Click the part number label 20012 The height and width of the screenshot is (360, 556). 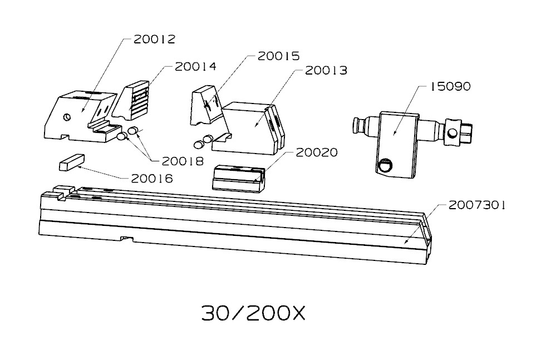tap(154, 39)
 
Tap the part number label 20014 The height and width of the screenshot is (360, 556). tap(195, 66)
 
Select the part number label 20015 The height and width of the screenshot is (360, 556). tap(278, 56)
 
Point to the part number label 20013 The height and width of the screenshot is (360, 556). tap(326, 70)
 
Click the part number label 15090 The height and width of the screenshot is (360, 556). tap(450, 86)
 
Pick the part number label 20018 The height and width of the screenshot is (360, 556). tap(183, 161)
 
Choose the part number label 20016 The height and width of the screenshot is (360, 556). tap(152, 178)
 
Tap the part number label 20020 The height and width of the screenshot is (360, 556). tap(317, 152)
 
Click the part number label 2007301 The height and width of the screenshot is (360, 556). tap(477, 205)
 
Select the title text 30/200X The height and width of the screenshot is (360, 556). tap(253, 313)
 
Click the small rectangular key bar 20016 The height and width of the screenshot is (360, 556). tap(72, 162)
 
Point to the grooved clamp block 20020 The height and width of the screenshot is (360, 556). tap(239, 179)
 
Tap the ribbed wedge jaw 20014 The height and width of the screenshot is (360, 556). tap(131, 100)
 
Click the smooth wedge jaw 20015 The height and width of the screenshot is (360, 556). tap(206, 105)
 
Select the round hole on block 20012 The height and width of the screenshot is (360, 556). tap(66, 117)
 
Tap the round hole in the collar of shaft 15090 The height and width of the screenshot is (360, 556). tap(452, 133)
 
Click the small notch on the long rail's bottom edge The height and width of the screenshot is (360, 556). tap(126, 239)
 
